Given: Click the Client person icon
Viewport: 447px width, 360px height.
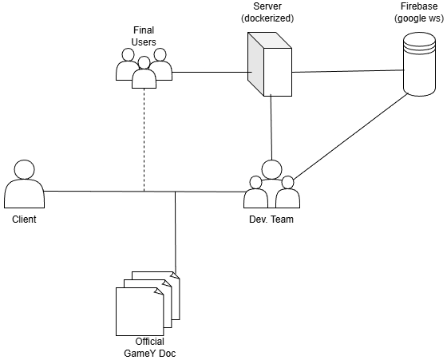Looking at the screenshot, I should tap(23, 185).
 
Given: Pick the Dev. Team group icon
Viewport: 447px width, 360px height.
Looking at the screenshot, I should tap(271, 185).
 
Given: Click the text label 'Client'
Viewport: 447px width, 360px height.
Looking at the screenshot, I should tap(23, 219).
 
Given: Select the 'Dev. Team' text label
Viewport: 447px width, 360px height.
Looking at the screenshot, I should tap(271, 219).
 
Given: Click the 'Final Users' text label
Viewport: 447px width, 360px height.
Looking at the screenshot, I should tap(144, 36).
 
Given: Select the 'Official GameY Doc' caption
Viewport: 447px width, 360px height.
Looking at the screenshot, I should tap(144, 347).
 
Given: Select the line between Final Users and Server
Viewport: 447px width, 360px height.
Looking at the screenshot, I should tap(208, 73).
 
